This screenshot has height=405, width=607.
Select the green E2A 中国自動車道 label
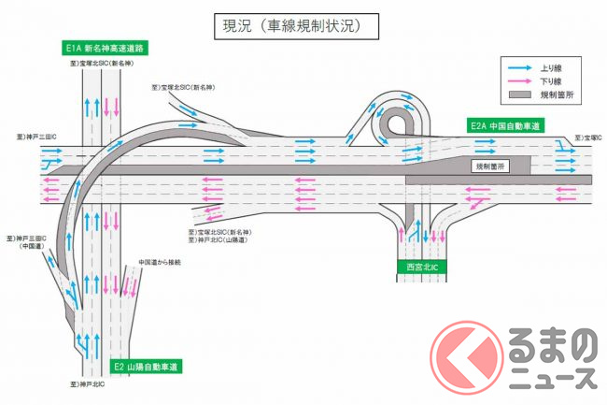(505, 124)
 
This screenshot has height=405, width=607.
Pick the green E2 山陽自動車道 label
(147, 366)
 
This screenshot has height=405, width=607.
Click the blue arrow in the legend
(520, 67)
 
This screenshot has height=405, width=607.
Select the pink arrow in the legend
(520, 81)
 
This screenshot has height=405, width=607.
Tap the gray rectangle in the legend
(520, 95)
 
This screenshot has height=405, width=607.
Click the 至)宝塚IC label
(588, 137)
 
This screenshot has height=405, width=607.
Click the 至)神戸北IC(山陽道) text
(218, 240)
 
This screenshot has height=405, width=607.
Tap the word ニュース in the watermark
(553, 376)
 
